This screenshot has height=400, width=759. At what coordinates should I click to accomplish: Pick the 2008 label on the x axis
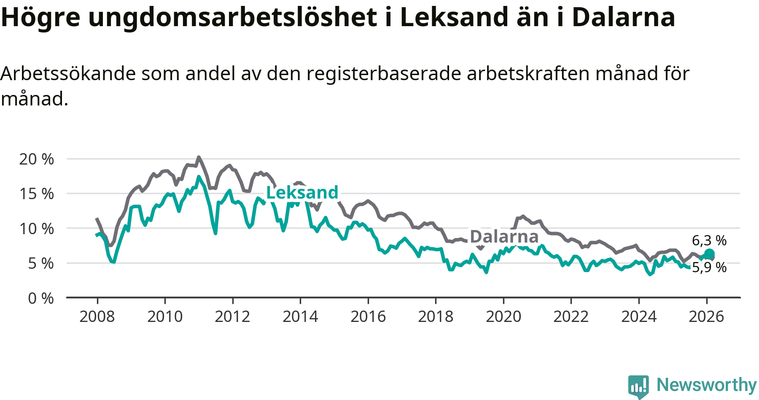point(97,316)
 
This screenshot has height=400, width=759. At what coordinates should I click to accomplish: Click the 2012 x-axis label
point(232,316)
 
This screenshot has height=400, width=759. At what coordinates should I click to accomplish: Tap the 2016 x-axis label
point(368,316)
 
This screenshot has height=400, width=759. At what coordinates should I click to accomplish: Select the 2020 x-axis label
point(503,316)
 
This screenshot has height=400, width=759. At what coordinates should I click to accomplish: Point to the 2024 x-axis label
point(638,316)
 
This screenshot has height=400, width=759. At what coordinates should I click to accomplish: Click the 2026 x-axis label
point(706,316)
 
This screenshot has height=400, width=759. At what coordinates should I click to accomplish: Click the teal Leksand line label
point(302,192)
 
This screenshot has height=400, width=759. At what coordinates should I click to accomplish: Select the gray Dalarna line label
point(504,237)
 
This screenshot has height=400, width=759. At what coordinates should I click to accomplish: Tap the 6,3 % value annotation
point(709,241)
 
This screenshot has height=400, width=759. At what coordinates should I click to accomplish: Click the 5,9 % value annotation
point(709,268)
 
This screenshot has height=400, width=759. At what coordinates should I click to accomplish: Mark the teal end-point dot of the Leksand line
point(709,254)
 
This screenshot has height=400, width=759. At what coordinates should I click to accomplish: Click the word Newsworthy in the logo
point(706,385)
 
